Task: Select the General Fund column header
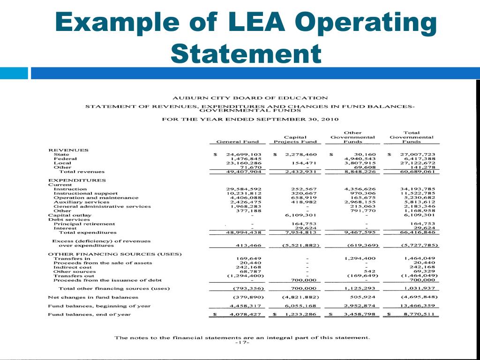(238, 142)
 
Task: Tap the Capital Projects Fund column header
(295, 139)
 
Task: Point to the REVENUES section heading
(68, 150)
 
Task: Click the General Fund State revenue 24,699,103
(244, 154)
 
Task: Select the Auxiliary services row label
(82, 202)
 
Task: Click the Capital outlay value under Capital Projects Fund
(302, 215)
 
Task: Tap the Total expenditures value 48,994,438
(244, 232)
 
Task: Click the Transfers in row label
(72, 258)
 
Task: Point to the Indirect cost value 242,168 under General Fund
(247, 267)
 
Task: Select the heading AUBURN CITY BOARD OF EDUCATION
(250, 98)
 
